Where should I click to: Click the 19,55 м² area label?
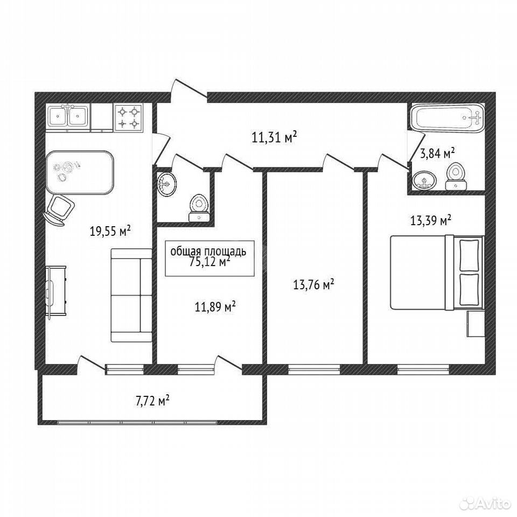click(x=110, y=231)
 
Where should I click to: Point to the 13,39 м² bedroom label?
click(x=431, y=220)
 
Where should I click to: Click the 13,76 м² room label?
click(x=313, y=284)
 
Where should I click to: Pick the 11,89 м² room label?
click(x=215, y=307)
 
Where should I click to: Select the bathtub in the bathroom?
click(x=448, y=118)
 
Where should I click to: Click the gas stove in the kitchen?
click(x=128, y=117)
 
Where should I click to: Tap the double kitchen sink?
click(x=68, y=116)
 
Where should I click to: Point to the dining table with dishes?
click(x=80, y=172)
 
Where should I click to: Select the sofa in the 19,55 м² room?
click(x=131, y=295)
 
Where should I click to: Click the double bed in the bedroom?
click(x=437, y=273)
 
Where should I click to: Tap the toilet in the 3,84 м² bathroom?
click(x=456, y=177)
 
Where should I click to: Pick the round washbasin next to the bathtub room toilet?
click(x=424, y=180)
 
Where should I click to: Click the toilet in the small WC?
click(x=199, y=208)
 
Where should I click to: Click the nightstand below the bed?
click(x=476, y=324)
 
